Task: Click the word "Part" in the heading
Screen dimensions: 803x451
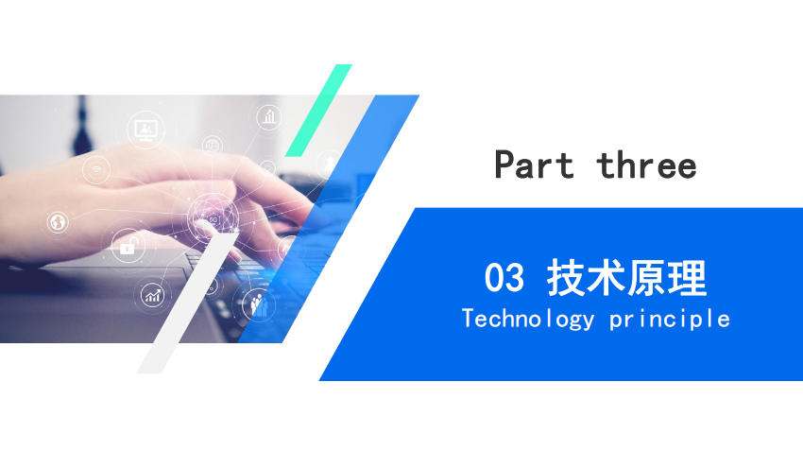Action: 534,165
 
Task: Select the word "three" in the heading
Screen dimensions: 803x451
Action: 646,165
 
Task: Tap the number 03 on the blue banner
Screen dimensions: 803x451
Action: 504,277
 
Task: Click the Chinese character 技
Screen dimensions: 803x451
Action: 567,278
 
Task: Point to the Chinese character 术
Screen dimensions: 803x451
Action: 607,278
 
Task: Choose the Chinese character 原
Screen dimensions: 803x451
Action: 647,278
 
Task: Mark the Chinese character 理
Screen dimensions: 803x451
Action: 687,278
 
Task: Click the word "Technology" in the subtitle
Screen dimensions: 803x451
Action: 528,319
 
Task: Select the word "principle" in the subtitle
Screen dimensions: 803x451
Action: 670,320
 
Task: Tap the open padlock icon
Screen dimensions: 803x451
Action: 128,246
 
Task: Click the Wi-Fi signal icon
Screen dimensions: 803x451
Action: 95,169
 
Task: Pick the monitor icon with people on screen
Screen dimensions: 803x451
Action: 145,129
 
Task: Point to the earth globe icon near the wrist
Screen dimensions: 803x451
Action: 58,222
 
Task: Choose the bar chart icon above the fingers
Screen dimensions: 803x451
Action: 269,117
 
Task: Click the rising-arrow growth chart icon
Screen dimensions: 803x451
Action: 153,296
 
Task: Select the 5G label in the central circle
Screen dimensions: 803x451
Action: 214,220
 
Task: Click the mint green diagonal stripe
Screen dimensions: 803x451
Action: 318,111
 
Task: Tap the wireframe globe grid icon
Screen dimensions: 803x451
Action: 212,146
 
